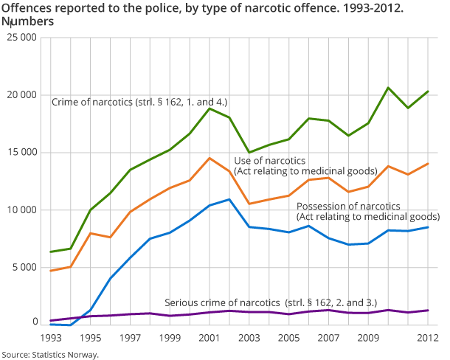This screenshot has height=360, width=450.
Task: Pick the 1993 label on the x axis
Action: coord(50,337)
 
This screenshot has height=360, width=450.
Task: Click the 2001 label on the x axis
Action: coord(210,337)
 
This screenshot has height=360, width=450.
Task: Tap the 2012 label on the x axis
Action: coord(428,337)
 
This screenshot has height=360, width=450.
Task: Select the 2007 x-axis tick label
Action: coord(329,337)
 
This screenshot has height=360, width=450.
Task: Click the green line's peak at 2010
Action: coord(389,88)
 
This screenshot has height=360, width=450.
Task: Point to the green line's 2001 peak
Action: coord(210,108)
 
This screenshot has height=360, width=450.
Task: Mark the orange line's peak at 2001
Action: coord(210,158)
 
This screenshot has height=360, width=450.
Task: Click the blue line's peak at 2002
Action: coord(229,199)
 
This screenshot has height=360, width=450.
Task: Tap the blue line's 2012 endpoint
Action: coord(429,227)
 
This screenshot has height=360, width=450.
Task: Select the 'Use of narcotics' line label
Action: coord(270,161)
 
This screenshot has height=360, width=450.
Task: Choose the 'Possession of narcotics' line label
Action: coord(348,206)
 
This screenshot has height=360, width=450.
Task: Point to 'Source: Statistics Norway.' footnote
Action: coord(50,354)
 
